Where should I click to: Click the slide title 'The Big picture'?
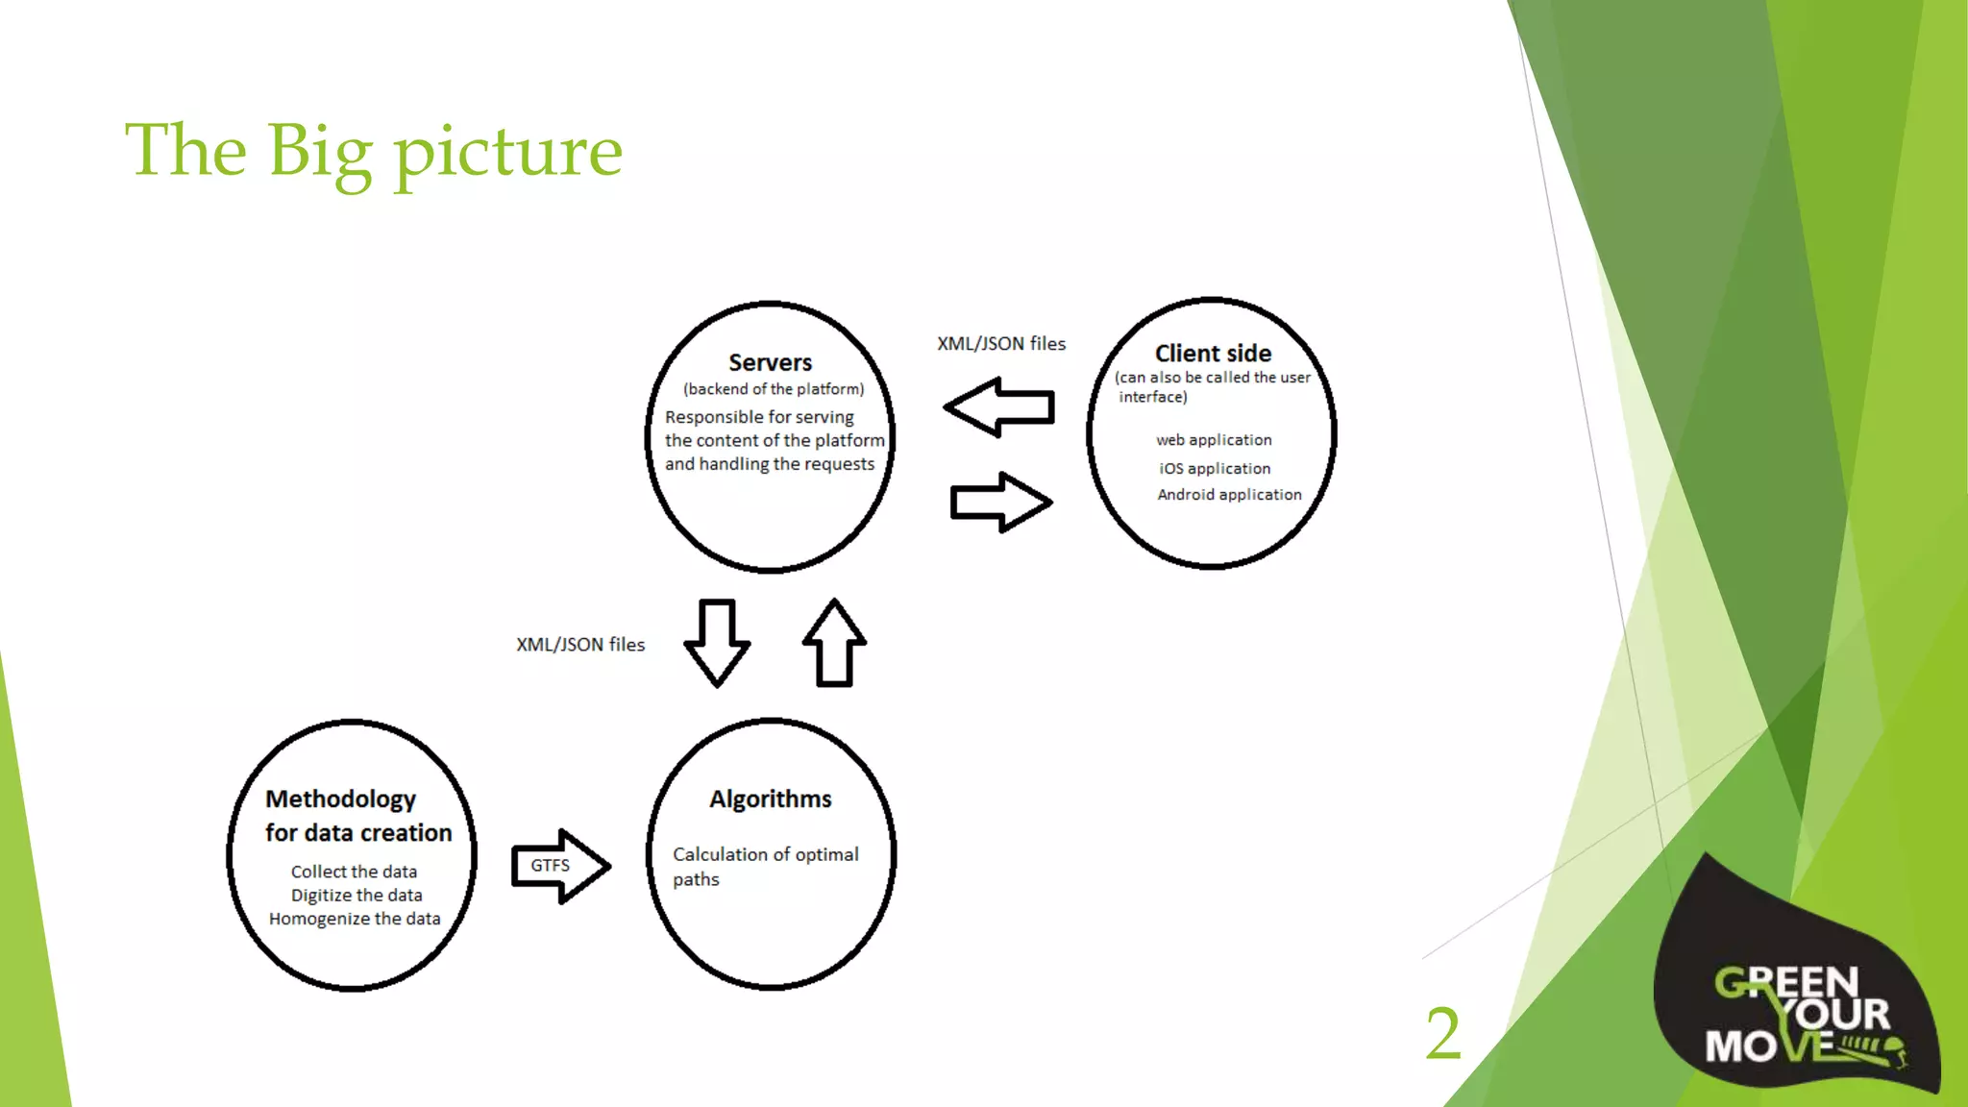tap(374, 152)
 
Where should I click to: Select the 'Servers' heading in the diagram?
tap(770, 362)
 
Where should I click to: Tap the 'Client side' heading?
tap(1213, 354)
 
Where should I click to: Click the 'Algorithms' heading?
tap(771, 799)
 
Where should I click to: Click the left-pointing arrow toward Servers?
tap(999, 407)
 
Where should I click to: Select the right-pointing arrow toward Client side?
tap(1000, 502)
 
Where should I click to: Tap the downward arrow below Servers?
tap(717, 642)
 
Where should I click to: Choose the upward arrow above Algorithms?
tap(834, 642)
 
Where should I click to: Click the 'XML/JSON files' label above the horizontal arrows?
tap(1001, 344)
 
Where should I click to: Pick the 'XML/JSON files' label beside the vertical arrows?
tap(580, 645)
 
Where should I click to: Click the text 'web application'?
tap(1214, 440)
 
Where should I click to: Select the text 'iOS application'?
tap(1215, 469)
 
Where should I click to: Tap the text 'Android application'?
tap(1229, 495)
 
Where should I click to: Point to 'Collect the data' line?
tap(354, 872)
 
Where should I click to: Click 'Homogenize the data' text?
tap(355, 919)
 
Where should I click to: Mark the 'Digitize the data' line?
tap(357, 896)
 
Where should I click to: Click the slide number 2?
tap(1442, 1034)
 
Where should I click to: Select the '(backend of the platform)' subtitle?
tap(774, 389)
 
